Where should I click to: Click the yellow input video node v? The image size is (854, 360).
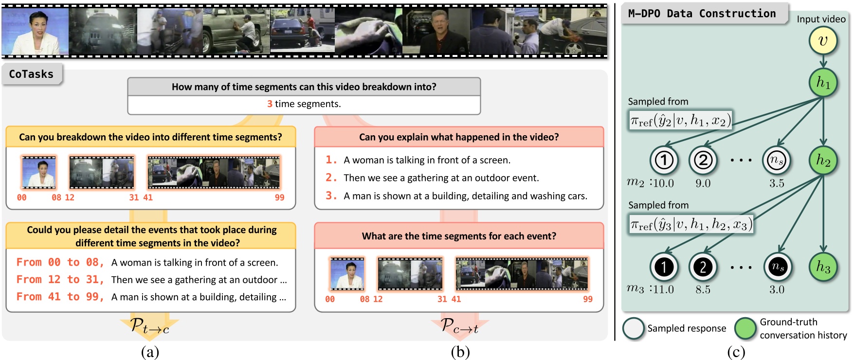tap(823, 41)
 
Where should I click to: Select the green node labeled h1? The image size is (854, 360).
tap(823, 83)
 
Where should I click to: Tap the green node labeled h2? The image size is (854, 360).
tap(823, 160)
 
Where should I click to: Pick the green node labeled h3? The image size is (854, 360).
tap(823, 267)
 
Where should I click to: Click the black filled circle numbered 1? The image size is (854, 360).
tap(664, 267)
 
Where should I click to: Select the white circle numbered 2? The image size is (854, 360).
tap(703, 160)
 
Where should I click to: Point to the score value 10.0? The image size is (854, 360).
tap(663, 183)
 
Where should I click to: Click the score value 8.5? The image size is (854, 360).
tap(703, 289)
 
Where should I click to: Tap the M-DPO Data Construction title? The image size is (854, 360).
tap(702, 14)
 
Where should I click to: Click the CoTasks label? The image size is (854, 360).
tap(31, 74)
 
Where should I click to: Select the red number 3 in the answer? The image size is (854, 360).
tap(270, 104)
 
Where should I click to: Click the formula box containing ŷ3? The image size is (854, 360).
tap(691, 224)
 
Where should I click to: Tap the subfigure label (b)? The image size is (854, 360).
tap(460, 352)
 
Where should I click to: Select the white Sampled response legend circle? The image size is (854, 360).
tap(633, 328)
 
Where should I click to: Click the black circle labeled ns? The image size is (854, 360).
tap(777, 267)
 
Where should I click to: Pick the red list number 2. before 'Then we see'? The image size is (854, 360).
tap(331, 178)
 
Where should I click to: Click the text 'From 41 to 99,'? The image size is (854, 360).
tap(60, 297)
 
